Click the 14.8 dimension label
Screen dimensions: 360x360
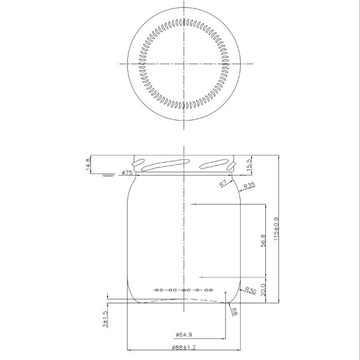[x=89, y=164]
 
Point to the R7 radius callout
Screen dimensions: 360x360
[x=222, y=183]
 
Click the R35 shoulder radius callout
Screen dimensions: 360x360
[x=250, y=187]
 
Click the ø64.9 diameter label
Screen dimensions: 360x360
[x=185, y=335]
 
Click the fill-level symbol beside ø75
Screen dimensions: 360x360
[x=108, y=175]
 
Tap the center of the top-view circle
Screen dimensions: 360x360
[x=184, y=63]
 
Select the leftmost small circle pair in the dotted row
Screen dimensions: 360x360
[x=158, y=290]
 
